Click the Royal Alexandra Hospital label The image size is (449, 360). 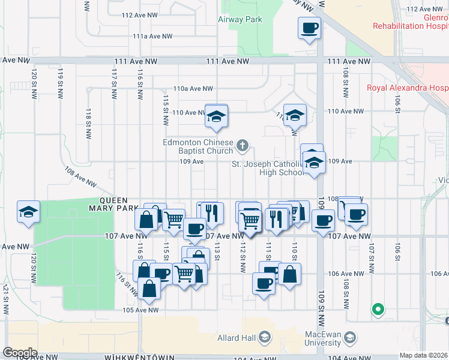point(407,88)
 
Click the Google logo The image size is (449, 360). point(20,352)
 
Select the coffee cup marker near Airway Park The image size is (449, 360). point(310,28)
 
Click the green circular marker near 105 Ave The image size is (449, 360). point(378,310)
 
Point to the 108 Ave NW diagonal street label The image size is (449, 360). point(80,177)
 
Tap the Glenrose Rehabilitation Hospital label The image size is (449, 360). point(411,22)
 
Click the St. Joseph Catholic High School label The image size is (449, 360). point(267,169)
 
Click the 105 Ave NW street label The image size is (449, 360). point(140,310)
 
